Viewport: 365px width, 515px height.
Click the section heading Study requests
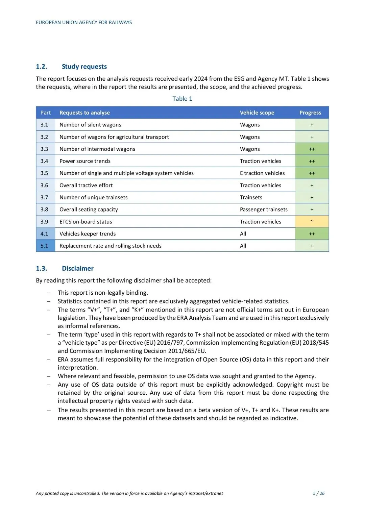click(x=84, y=67)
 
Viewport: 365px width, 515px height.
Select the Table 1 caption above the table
click(x=182, y=99)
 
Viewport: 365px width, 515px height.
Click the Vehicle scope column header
click(x=257, y=113)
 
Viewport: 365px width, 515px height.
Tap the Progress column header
click(x=310, y=113)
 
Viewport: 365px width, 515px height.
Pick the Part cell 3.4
click(x=44, y=161)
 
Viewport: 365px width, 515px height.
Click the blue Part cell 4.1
click(x=44, y=234)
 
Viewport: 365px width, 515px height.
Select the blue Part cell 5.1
click(x=44, y=246)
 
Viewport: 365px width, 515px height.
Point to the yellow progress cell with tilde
click(x=312, y=221)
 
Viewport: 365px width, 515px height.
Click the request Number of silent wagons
click(x=90, y=125)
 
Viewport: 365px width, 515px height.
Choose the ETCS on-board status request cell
click(x=86, y=222)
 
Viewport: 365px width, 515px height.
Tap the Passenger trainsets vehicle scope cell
click(x=264, y=210)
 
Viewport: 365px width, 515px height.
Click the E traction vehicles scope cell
click(x=262, y=173)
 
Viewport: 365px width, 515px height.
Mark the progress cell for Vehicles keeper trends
click(x=312, y=234)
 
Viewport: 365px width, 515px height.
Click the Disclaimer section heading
click(x=77, y=268)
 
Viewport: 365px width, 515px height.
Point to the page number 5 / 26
click(x=318, y=493)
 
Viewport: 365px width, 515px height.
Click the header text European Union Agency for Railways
click(x=84, y=22)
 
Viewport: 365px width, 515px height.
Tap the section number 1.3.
click(x=42, y=268)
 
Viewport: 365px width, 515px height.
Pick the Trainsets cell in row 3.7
click(x=251, y=197)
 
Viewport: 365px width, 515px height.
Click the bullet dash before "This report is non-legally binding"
click(x=49, y=293)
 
